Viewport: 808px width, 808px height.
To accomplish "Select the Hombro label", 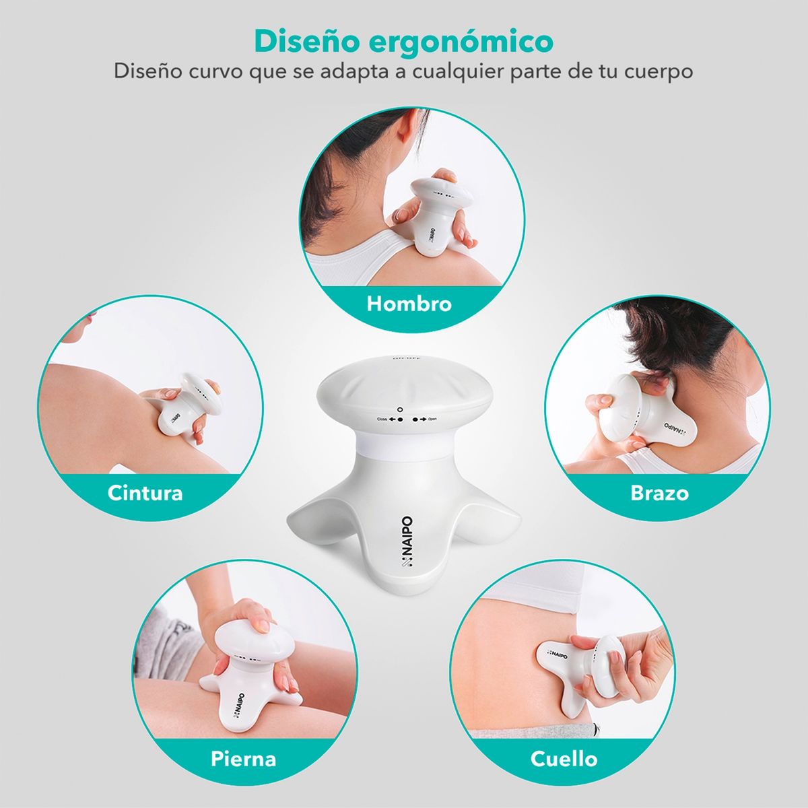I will click(x=409, y=304).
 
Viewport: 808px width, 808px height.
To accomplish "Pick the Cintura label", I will click(x=145, y=492).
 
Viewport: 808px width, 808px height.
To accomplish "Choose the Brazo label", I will click(x=659, y=492).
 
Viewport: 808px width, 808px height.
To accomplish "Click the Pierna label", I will click(x=243, y=759).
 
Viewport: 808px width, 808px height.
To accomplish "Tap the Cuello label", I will click(x=564, y=759).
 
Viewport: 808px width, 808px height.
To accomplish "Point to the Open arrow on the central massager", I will click(x=419, y=419).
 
